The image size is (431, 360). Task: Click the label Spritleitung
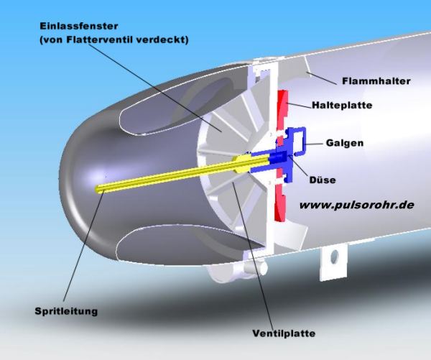[x=66, y=311]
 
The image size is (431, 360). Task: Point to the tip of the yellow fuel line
[x=100, y=189]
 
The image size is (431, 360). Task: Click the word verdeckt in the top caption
[x=166, y=40]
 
